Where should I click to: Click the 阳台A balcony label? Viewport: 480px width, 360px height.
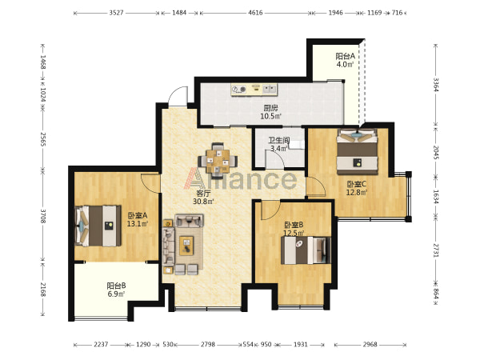[x=345, y=56]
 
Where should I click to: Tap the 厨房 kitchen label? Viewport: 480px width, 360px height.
[x=270, y=108]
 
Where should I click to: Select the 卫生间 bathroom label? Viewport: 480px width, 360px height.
[x=279, y=141]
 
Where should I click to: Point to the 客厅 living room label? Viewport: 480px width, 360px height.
[x=203, y=194]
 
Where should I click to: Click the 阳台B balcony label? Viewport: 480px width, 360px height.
[x=116, y=286]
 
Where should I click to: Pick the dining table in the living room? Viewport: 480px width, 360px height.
[x=218, y=161]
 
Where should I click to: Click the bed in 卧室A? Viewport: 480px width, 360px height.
[x=98, y=226]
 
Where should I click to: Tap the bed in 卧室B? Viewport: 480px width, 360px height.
[x=306, y=250]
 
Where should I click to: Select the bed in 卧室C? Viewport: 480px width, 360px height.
[x=358, y=152]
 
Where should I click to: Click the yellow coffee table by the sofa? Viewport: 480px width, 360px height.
[x=186, y=246]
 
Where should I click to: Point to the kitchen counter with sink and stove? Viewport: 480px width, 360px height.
[x=254, y=89]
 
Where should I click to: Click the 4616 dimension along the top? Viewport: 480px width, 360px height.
[x=255, y=13]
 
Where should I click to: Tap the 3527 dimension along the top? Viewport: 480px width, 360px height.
[x=116, y=13]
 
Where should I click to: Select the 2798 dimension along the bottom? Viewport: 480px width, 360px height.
[x=208, y=344]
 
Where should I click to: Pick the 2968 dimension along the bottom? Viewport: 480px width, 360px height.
[x=370, y=344]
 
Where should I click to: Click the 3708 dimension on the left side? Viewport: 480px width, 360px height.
[x=43, y=216]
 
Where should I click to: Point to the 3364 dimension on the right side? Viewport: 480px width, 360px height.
[x=436, y=85]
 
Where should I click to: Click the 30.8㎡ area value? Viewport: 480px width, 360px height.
[x=203, y=202]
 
